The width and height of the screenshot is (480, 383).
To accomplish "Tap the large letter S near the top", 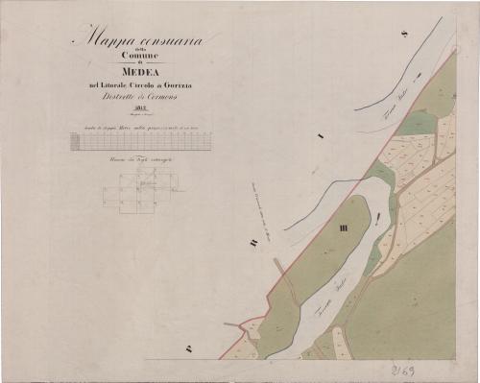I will [405, 35].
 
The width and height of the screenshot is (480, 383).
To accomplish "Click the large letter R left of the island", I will [252, 244].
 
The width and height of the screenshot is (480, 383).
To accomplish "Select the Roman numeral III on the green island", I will [344, 228].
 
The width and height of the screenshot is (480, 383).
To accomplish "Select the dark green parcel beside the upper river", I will [419, 122].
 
